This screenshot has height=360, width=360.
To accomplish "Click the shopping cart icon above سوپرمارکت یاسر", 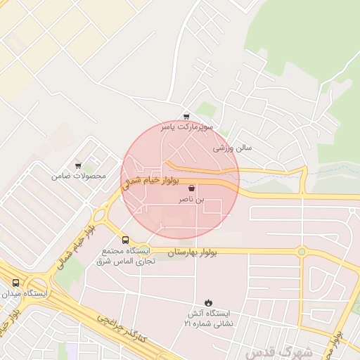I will (186, 117).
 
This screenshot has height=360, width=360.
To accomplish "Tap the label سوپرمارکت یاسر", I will (187, 128).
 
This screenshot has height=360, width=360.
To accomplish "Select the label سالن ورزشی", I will (232, 149).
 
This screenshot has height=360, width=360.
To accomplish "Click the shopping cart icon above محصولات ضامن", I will (78, 165).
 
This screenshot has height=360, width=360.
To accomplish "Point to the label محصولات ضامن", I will (78, 176).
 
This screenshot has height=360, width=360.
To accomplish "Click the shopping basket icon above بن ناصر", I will (192, 189).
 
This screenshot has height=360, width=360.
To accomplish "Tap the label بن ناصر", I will (192, 200).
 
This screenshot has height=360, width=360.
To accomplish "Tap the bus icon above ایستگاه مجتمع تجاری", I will (125, 240).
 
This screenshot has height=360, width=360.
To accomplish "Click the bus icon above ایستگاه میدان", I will (15, 282).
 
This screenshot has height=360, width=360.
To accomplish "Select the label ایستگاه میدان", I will (25, 292).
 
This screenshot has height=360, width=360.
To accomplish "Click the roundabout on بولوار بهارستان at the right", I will (302, 251).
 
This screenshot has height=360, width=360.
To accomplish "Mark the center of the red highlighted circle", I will (181, 180).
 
